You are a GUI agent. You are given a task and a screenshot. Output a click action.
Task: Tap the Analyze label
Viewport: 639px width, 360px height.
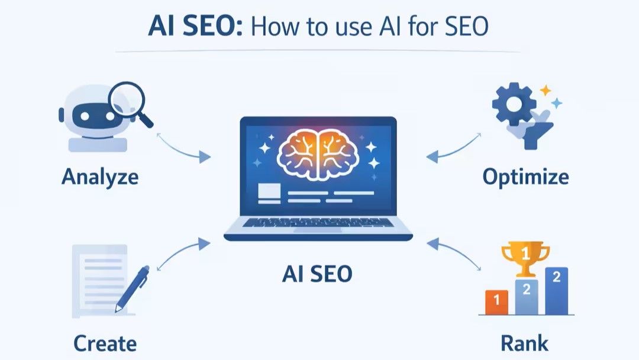99,176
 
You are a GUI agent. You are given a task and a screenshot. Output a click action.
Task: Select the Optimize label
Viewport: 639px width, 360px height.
525,176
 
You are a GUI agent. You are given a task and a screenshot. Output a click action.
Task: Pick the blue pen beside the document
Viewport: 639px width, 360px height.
132,288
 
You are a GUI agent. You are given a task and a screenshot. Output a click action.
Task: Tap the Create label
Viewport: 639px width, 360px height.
105,343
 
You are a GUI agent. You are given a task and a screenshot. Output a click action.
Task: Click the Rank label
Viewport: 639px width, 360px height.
524,343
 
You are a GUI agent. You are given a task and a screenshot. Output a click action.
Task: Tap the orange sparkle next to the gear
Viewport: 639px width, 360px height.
545,91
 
